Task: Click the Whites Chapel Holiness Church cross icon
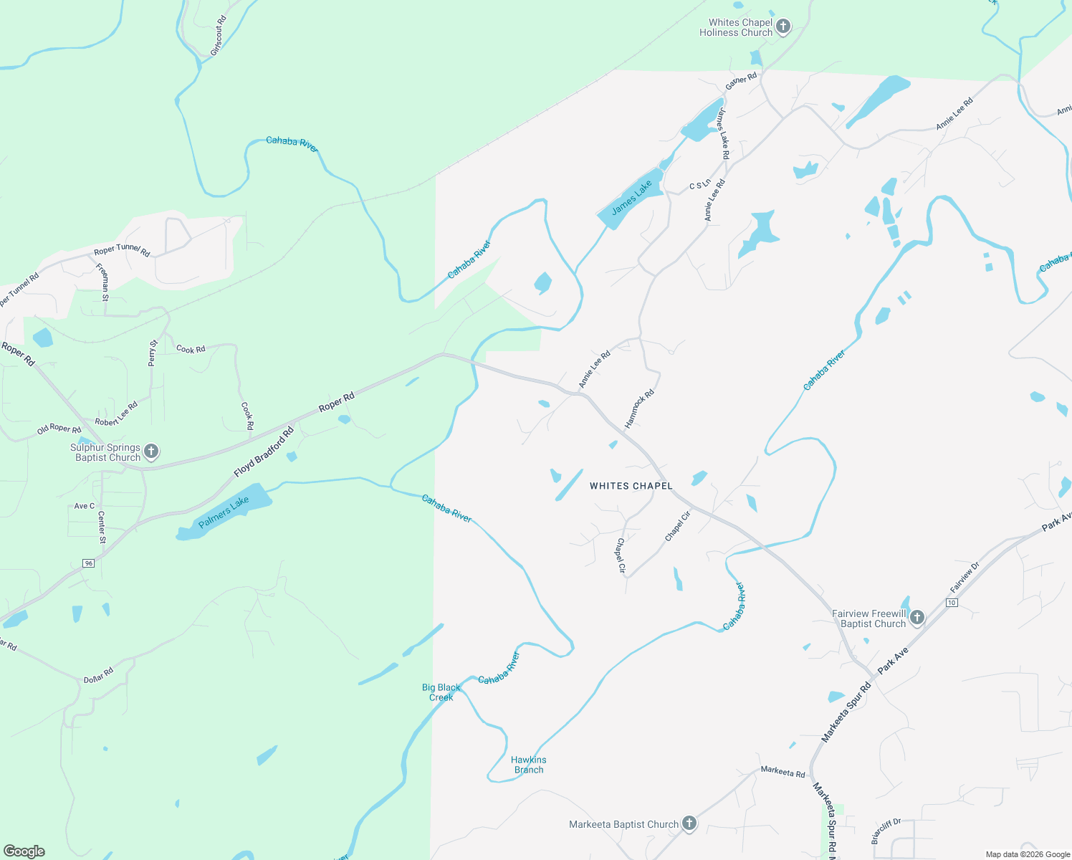(783, 27)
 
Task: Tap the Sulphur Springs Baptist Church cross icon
(151, 451)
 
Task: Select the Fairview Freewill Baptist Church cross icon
(917, 617)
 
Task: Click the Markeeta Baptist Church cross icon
(689, 823)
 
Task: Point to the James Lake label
(632, 197)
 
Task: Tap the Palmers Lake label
(224, 512)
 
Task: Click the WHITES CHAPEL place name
(631, 486)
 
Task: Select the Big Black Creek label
(441, 692)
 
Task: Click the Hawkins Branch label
(529, 765)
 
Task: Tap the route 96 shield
(88, 563)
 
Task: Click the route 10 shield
(952, 603)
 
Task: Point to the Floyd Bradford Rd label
(264, 453)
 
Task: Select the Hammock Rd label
(639, 409)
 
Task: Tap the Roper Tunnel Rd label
(122, 252)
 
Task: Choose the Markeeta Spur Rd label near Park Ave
(846, 712)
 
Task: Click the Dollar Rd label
(98, 675)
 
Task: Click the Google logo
(24, 851)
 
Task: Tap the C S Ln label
(700, 185)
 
